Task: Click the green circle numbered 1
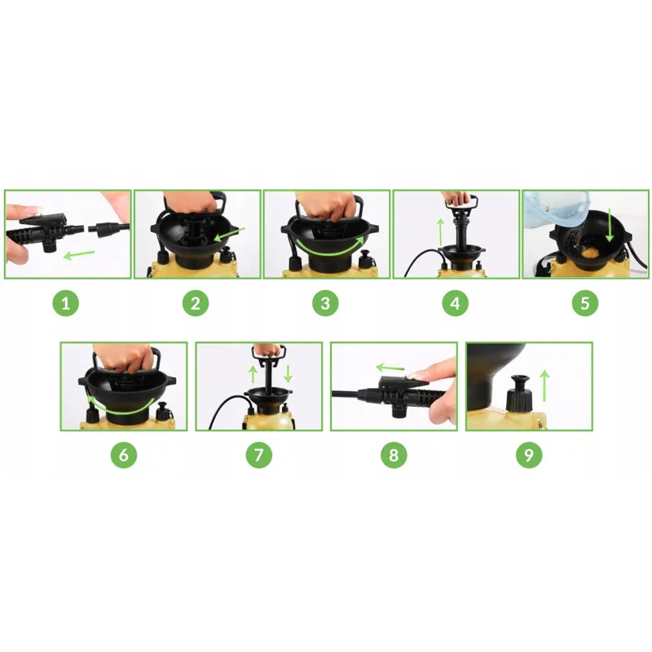pyautogui.click(x=66, y=303)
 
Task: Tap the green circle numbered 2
pyautogui.click(x=196, y=303)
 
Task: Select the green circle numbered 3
pyautogui.click(x=325, y=303)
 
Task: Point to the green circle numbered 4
pyautogui.click(x=455, y=303)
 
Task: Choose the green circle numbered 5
pyautogui.click(x=584, y=303)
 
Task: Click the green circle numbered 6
pyautogui.click(x=124, y=455)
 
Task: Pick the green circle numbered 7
pyautogui.click(x=258, y=455)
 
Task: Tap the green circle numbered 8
pyautogui.click(x=394, y=455)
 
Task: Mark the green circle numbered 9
pyautogui.click(x=528, y=455)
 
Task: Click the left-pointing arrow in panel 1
pyautogui.click(x=78, y=254)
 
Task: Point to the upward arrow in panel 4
pyautogui.click(x=440, y=232)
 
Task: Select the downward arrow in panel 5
pyautogui.click(x=610, y=225)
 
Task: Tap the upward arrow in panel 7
pyautogui.click(x=253, y=374)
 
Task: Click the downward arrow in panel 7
pyautogui.click(x=288, y=374)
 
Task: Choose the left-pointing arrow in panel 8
pyautogui.click(x=390, y=368)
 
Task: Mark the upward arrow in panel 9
pyautogui.click(x=544, y=385)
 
